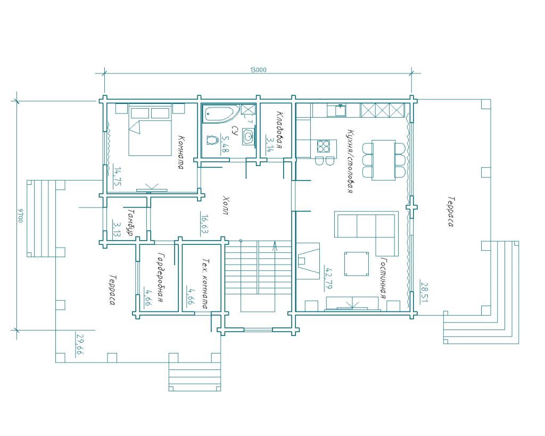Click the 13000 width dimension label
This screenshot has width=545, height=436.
pos(258,70)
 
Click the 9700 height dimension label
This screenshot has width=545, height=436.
pos(21,216)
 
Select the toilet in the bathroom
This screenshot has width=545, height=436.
pos(212,140)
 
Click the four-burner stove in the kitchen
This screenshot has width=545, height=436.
pos(323,146)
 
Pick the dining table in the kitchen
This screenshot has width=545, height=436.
pos(384,160)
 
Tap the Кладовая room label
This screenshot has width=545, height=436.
pos(279,129)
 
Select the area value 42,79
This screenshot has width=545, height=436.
pos(327,278)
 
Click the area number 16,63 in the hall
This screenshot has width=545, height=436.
pos(204,223)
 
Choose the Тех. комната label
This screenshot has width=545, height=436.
pos(205,283)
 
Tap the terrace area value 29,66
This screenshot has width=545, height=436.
pos(80,344)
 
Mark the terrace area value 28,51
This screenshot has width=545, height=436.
pos(424,292)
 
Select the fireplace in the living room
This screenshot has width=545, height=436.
pos(308,260)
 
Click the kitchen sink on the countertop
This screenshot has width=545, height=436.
pos(341,110)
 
